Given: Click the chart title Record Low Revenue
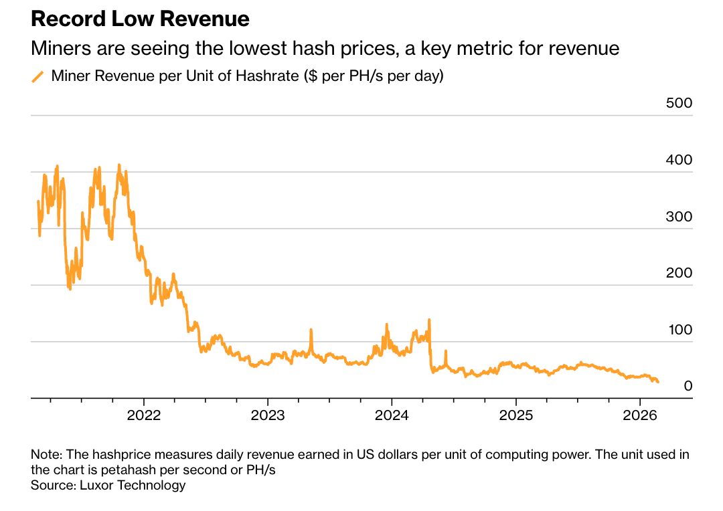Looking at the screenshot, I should (x=140, y=19).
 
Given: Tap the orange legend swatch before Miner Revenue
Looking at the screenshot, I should (x=38, y=77).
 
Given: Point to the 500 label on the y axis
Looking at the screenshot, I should (x=679, y=104).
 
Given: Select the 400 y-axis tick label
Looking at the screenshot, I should (x=679, y=161).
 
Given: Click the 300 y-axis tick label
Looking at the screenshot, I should (x=679, y=217).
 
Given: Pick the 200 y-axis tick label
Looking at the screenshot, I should (x=679, y=274).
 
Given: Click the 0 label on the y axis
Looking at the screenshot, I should (x=688, y=387).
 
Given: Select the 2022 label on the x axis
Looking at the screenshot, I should (x=144, y=415).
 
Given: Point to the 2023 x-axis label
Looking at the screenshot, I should (x=268, y=415).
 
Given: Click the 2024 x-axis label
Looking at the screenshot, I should (x=392, y=415).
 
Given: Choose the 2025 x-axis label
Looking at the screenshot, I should (x=515, y=415).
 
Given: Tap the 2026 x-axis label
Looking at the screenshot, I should (x=639, y=415).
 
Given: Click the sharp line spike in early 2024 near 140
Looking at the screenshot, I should (x=428, y=320).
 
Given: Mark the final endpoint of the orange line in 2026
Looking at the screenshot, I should (x=658, y=382).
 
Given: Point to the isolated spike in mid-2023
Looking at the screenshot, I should (x=311, y=330).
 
